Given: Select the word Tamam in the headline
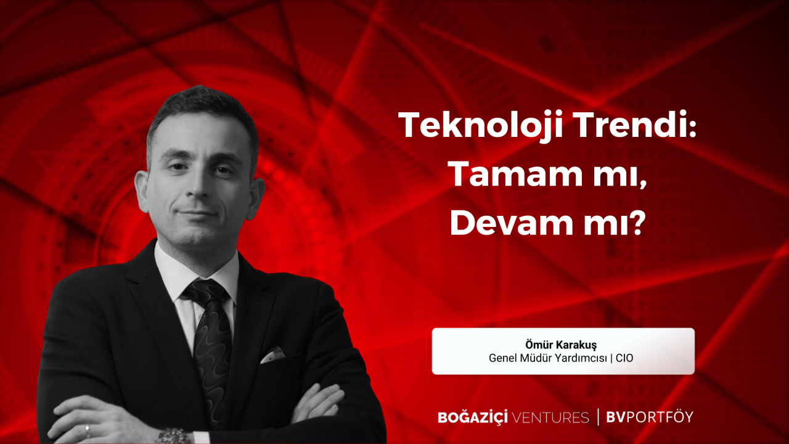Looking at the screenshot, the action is pos(517,174).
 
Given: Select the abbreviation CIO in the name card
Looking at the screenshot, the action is pos(624,358).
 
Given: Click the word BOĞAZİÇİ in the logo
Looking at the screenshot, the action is pos(473,417).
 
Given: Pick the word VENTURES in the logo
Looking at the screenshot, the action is pos(550,418).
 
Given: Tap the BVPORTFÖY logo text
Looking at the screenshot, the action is pos(650,417).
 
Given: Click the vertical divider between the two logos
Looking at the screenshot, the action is pos(598,417).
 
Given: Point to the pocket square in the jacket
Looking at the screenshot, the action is pos(272,355).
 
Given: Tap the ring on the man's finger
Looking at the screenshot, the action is pos(88,430).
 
